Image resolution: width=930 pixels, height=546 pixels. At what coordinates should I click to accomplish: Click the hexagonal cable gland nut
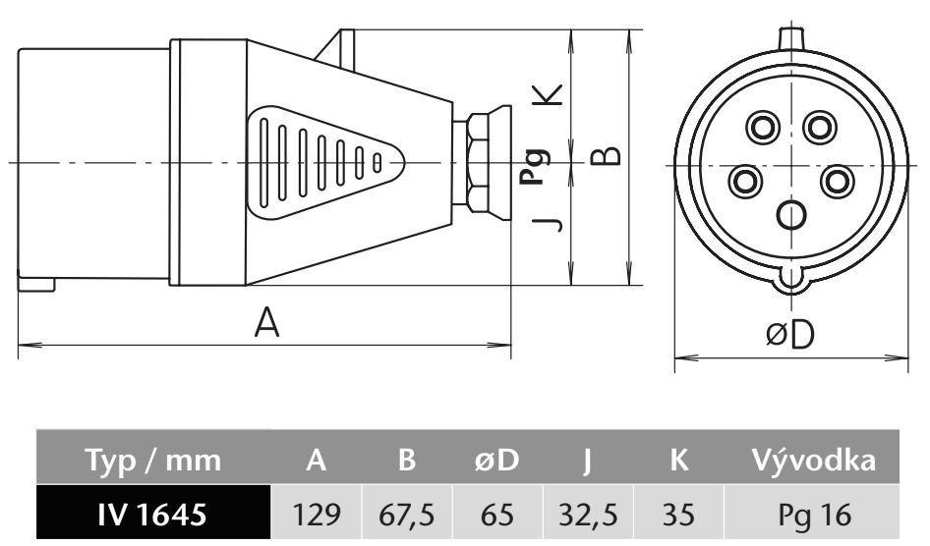(x=478, y=161)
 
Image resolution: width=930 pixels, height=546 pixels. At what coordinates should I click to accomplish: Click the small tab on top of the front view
(x=791, y=36)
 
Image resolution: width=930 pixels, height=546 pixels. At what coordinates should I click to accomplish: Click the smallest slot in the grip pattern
(x=377, y=161)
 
